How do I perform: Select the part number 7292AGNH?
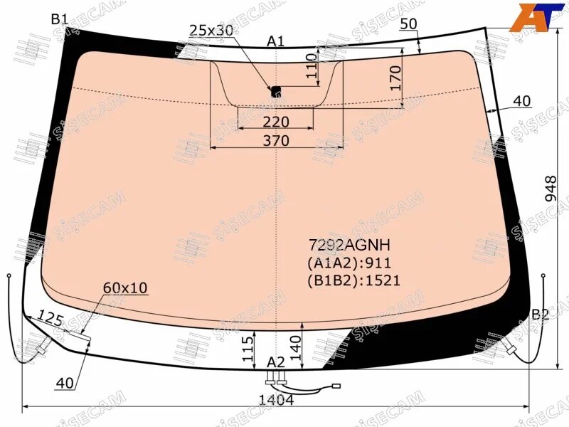pyautogui.click(x=349, y=246)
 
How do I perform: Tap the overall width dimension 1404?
pyautogui.click(x=276, y=400)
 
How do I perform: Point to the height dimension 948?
pyautogui.click(x=550, y=189)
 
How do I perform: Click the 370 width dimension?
pyautogui.click(x=276, y=140)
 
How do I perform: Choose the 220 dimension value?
pyautogui.click(x=276, y=122)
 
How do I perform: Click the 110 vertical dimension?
pyautogui.click(x=312, y=65)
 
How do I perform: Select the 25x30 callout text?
pyautogui.click(x=211, y=30)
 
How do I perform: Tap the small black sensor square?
pyautogui.click(x=277, y=91)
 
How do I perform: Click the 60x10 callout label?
pyautogui.click(x=125, y=288)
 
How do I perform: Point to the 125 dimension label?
pyautogui.click(x=50, y=318)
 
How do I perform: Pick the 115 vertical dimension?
pyautogui.click(x=248, y=349)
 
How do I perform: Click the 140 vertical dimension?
pyautogui.click(x=295, y=347)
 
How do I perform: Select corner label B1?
pyautogui.click(x=59, y=19)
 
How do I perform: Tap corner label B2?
pyautogui.click(x=541, y=315)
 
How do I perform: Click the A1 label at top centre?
pyautogui.click(x=276, y=42)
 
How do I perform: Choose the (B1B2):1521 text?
pyautogui.click(x=353, y=280)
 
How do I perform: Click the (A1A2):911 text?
pyautogui.click(x=349, y=263)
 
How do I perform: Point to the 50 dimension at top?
pyautogui.click(x=408, y=24)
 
